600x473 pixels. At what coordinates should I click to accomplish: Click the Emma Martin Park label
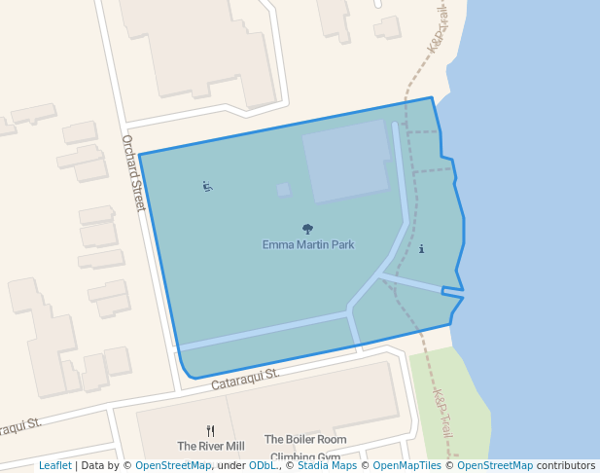308,244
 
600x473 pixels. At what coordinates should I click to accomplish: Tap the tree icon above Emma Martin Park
308,229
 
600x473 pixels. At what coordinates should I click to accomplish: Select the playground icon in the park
207,186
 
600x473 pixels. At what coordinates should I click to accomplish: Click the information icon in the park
421,249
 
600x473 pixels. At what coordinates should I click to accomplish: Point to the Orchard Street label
133,172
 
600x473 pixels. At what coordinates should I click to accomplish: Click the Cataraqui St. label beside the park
245,379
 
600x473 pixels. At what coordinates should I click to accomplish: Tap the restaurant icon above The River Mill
210,430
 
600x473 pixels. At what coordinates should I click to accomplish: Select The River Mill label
211,446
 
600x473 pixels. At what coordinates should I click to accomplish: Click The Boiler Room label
305,440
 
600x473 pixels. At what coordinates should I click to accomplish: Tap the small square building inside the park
283,190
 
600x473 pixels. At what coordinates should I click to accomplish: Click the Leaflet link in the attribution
54,465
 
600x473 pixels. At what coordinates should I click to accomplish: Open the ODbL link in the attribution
263,465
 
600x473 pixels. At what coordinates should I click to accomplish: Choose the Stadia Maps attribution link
327,465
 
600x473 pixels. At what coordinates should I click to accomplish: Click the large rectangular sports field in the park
347,161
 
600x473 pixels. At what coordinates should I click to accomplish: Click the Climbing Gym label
305,456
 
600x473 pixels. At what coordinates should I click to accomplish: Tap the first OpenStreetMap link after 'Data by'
172,465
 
